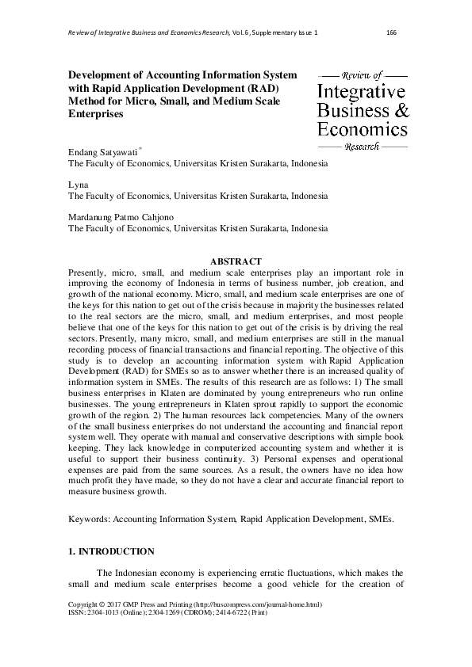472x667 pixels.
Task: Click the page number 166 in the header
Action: pos(390,32)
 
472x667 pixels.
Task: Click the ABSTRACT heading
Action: pos(235,261)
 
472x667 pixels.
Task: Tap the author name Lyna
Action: pos(78,185)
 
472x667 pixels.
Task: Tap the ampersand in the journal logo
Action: pos(401,110)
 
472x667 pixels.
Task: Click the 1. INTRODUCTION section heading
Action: pos(112,551)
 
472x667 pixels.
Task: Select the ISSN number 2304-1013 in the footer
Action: pos(106,635)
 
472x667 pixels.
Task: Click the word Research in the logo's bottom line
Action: pos(363,147)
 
